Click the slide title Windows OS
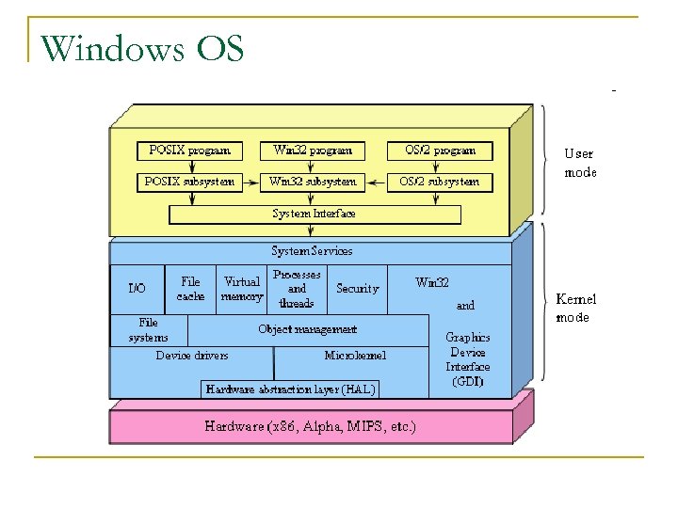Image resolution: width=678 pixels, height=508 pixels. (143, 46)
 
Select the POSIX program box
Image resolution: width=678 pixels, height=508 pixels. (189, 151)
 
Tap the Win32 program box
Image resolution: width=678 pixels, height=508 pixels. (313, 151)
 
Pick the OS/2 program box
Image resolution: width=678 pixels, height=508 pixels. (440, 151)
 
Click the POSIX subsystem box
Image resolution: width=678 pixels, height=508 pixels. (189, 182)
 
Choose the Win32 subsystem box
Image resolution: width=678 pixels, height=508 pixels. (313, 182)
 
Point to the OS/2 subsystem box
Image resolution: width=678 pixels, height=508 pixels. (440, 182)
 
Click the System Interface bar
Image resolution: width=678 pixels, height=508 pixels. (315, 214)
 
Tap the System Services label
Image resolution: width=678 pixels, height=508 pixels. (312, 251)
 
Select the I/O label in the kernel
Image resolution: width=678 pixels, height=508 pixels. (137, 289)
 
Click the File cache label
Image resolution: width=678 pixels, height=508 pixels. (190, 289)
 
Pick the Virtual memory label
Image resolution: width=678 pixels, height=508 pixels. (242, 289)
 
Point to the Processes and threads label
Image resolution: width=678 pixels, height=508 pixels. (297, 289)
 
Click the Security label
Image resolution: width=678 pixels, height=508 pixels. (357, 289)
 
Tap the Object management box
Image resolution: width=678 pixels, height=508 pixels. (308, 330)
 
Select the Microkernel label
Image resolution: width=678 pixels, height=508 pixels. (355, 356)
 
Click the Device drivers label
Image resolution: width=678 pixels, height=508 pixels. (192, 356)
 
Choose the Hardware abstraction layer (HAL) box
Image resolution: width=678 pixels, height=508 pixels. (290, 389)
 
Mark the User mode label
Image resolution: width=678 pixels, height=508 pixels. (579, 163)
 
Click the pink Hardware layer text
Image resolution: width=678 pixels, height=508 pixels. (310, 426)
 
